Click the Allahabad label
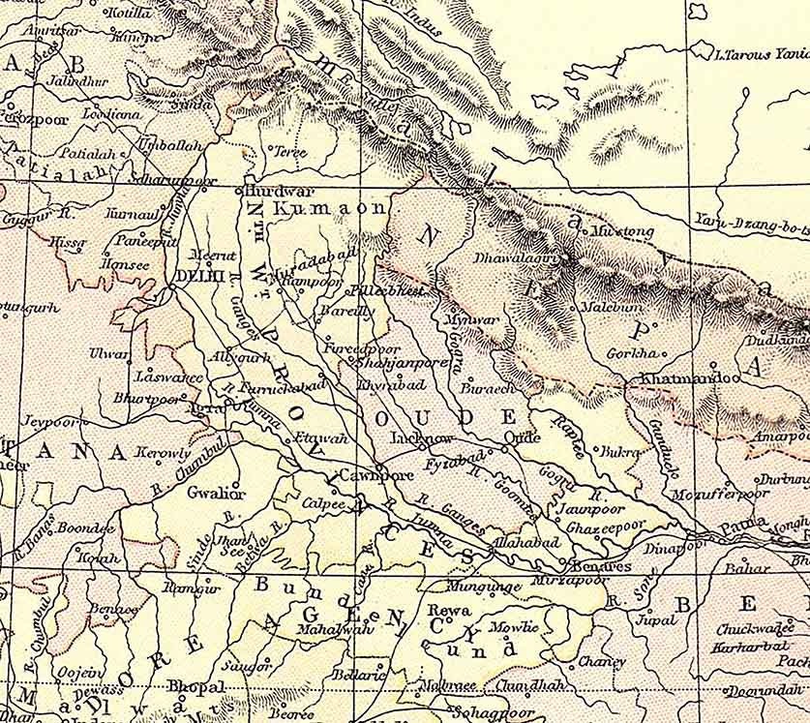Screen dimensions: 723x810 click(525, 542)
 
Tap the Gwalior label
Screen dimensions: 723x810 click(217, 493)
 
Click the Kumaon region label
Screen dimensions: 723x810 click(330, 208)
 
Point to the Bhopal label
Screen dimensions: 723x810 click(195, 686)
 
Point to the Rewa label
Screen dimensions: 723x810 click(454, 611)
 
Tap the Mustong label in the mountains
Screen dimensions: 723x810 click(622, 232)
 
